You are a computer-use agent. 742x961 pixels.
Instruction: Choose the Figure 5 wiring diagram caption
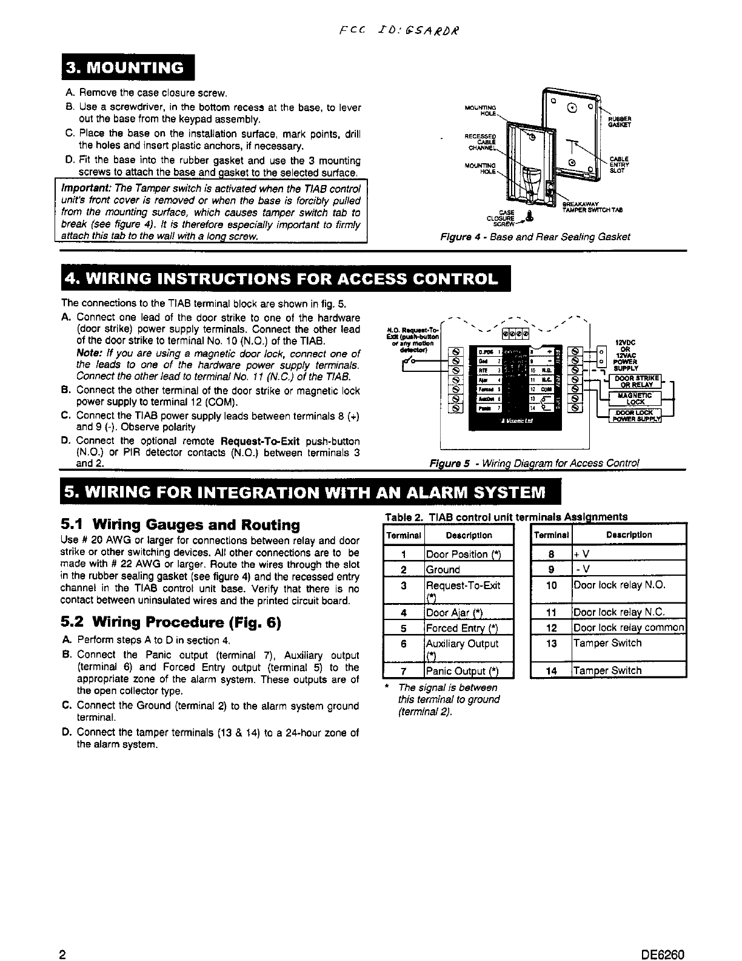(x=534, y=463)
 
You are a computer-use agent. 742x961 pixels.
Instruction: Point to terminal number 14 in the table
(x=551, y=670)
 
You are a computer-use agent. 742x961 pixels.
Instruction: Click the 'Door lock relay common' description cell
(x=629, y=628)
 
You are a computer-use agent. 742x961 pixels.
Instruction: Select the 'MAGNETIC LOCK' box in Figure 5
(x=635, y=398)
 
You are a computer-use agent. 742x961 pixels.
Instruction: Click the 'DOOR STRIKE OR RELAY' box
(x=635, y=381)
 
